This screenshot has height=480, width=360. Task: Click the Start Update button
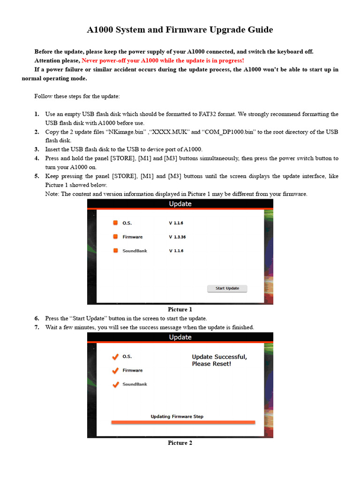click(227, 288)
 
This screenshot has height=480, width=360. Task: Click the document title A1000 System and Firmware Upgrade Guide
click(180, 30)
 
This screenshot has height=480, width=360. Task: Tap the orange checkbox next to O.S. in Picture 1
click(115, 223)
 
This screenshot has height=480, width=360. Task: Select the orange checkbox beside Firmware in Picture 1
click(115, 237)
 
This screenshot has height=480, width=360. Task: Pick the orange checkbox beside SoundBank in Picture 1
click(115, 251)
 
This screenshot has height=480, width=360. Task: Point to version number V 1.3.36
click(177, 237)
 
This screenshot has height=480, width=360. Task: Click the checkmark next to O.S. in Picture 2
click(115, 357)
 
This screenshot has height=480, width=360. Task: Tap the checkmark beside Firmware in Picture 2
click(115, 371)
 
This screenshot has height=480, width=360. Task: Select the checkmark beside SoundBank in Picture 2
click(115, 385)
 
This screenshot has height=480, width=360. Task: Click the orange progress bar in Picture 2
click(183, 422)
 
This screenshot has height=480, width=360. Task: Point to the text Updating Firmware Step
click(177, 416)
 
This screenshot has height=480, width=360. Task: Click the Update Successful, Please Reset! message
click(219, 360)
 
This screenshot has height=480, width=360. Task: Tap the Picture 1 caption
click(180, 309)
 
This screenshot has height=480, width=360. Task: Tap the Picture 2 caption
click(180, 443)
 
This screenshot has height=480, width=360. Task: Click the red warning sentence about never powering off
click(163, 60)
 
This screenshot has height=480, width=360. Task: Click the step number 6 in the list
click(37, 318)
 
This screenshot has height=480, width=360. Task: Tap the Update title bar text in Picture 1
click(180, 204)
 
